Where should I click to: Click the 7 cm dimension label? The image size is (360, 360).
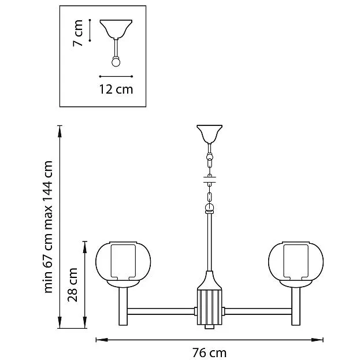[78, 33]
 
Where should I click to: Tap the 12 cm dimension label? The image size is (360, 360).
[116, 90]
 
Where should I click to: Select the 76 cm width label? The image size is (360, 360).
[209, 352]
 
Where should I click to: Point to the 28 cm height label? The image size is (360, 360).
[73, 285]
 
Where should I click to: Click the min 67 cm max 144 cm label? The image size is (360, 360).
[48, 227]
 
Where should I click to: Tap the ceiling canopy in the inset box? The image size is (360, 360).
[116, 29]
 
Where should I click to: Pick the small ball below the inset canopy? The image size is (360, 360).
[116, 62]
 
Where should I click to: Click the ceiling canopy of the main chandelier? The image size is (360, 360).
[209, 133]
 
